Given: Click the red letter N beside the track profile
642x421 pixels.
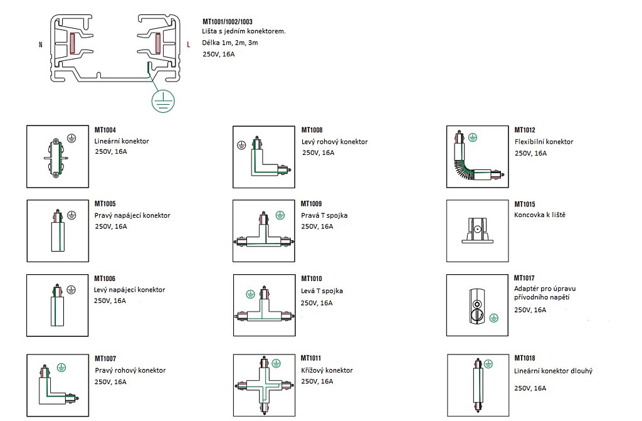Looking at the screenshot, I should click(x=40, y=45).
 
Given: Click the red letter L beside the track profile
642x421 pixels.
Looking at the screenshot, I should click(x=188, y=45).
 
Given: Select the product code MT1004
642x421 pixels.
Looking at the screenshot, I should click(x=105, y=131).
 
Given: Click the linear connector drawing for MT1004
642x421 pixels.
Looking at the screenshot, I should click(x=56, y=156).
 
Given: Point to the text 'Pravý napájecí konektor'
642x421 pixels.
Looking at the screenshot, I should click(x=132, y=215).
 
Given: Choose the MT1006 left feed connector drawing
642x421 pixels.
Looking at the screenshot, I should click(x=57, y=304).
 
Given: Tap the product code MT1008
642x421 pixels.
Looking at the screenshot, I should click(x=312, y=130).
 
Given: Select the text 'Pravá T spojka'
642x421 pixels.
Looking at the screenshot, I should click(x=324, y=215).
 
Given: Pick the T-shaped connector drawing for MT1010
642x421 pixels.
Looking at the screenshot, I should click(x=263, y=308).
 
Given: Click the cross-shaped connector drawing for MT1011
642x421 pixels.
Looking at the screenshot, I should click(x=264, y=385).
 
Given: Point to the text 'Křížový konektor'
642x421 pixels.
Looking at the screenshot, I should click(x=327, y=370).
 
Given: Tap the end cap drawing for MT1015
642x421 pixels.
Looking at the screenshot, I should click(x=477, y=232).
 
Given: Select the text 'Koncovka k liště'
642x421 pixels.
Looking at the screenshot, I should click(x=540, y=215).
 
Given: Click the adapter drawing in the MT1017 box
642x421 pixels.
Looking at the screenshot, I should click(x=478, y=305).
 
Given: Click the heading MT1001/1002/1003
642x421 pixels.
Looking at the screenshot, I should click(x=228, y=21).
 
